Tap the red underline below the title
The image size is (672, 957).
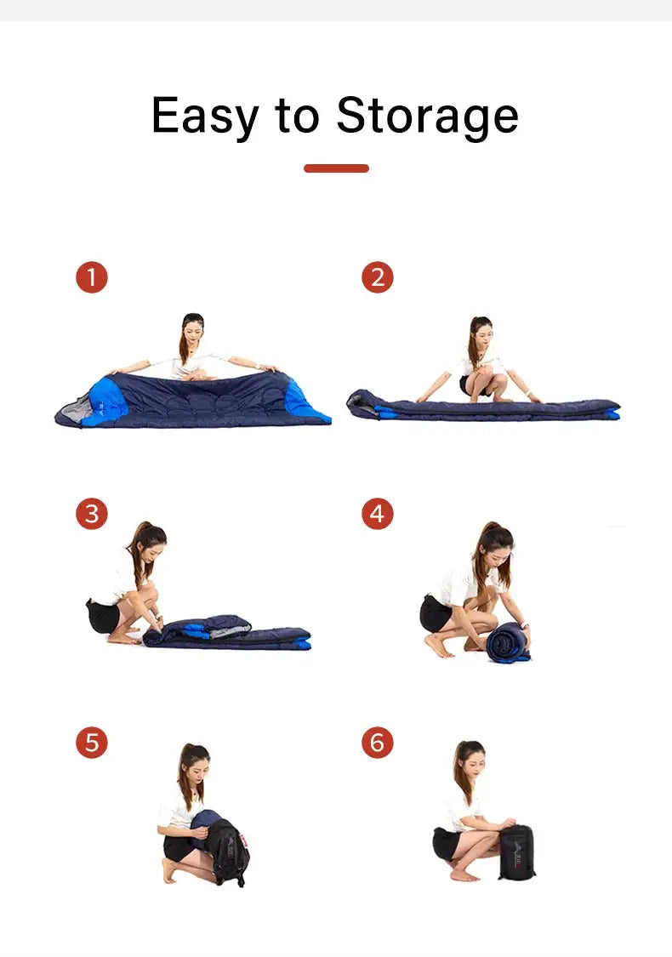click(336, 168)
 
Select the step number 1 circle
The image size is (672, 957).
click(92, 277)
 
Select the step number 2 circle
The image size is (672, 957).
click(378, 277)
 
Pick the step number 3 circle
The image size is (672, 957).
click(92, 514)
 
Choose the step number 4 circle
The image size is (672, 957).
click(378, 514)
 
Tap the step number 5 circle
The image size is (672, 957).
click(92, 743)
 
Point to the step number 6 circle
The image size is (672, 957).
click(378, 743)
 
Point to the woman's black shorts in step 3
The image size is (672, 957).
click(103, 615)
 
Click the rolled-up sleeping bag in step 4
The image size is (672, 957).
click(509, 642)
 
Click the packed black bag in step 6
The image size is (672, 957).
click(517, 851)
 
